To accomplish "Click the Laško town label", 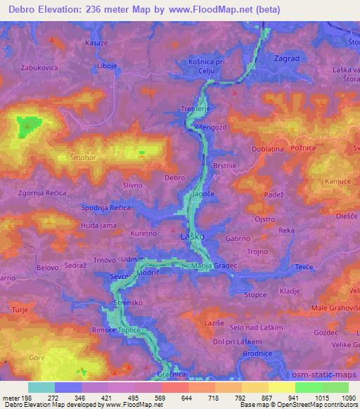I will (192, 236).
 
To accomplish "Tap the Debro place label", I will (174, 178).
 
